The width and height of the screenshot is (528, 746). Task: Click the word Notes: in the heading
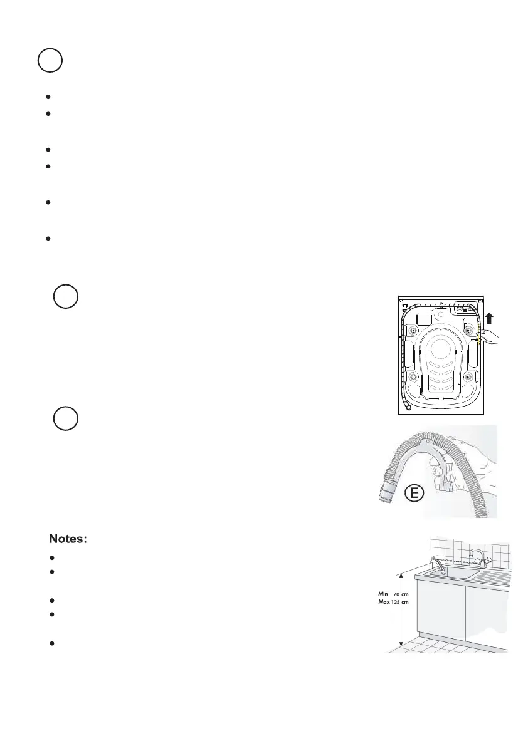(71, 539)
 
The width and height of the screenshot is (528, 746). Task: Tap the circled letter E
(411, 494)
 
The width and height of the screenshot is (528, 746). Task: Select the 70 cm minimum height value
(401, 594)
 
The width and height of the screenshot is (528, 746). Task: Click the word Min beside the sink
(383, 594)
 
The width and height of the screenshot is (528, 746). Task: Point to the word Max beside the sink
(383, 603)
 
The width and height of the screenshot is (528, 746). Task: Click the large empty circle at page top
(49, 61)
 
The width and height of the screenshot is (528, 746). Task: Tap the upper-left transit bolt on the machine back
(413, 329)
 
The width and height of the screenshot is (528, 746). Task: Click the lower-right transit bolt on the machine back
(467, 376)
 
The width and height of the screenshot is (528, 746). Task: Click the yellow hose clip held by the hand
(480, 339)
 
